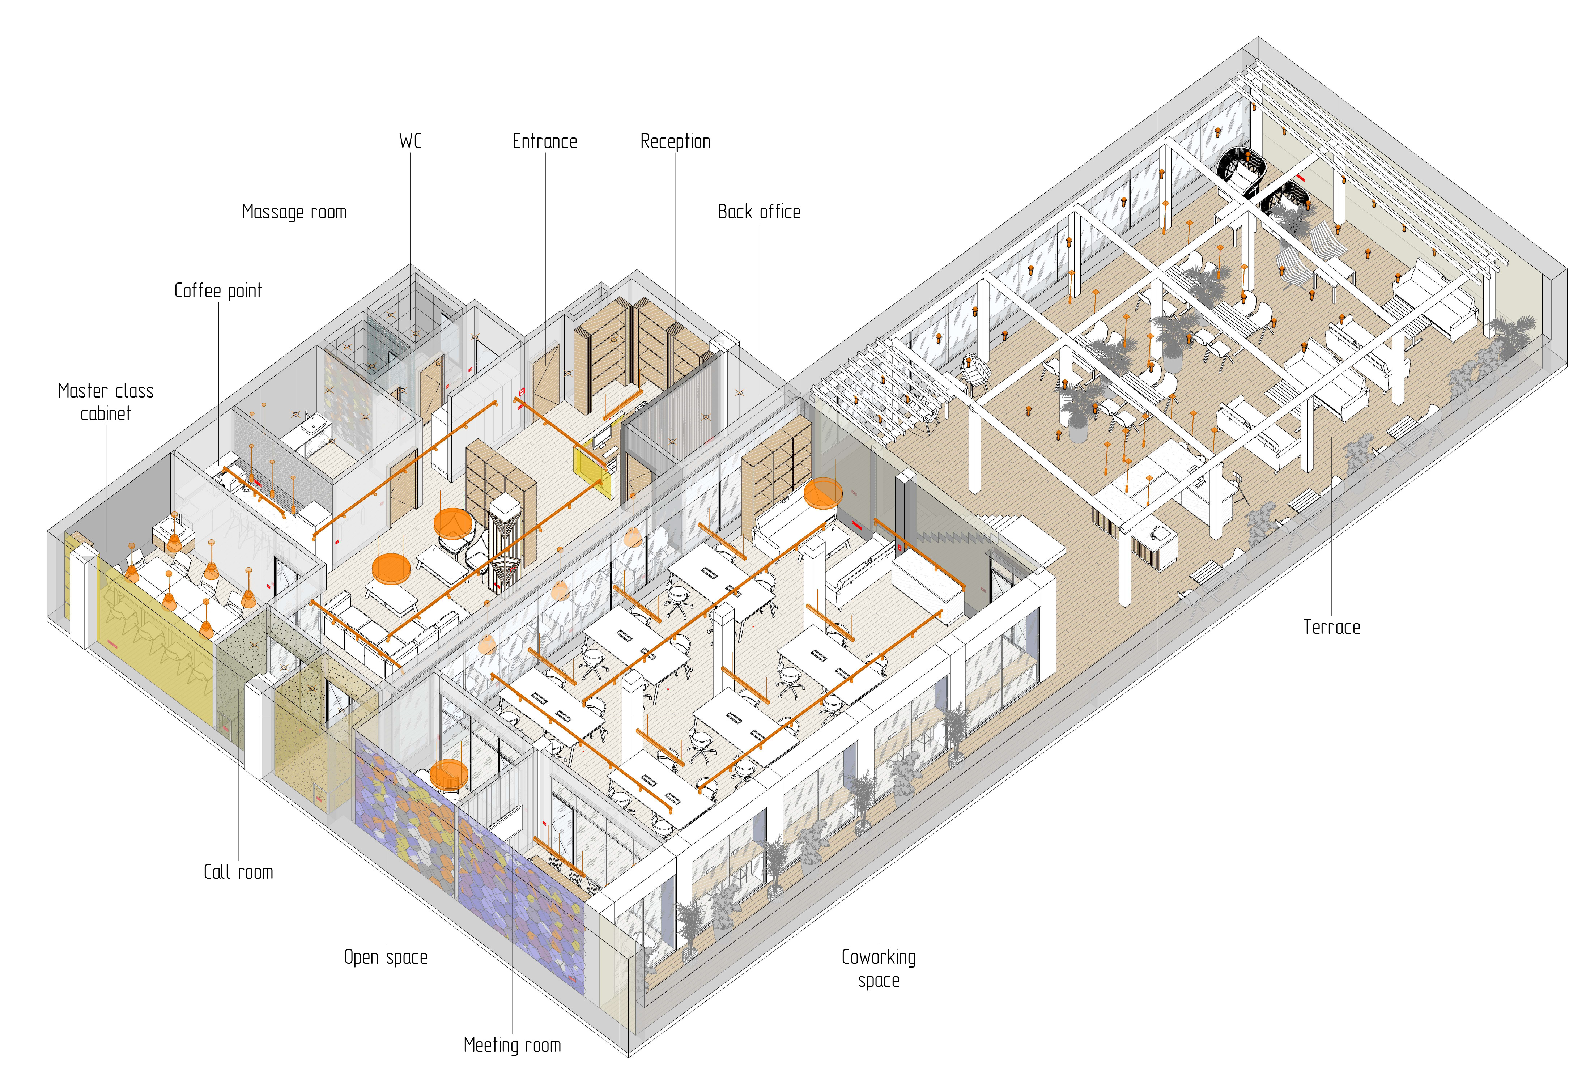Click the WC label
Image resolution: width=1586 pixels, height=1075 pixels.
click(x=410, y=141)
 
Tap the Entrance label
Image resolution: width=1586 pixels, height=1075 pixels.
click(x=545, y=141)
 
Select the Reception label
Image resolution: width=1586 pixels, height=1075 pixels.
click(x=675, y=141)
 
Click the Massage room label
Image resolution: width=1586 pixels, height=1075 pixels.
click(x=294, y=212)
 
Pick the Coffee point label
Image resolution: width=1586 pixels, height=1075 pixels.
click(x=218, y=291)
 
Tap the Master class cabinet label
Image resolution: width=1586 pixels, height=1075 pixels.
click(x=106, y=402)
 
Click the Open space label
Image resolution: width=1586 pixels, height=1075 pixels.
click(x=386, y=957)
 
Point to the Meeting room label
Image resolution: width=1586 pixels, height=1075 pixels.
click(x=512, y=1045)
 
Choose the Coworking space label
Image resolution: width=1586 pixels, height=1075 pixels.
click(x=878, y=969)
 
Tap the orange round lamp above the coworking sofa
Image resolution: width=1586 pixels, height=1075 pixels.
click(x=823, y=493)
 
